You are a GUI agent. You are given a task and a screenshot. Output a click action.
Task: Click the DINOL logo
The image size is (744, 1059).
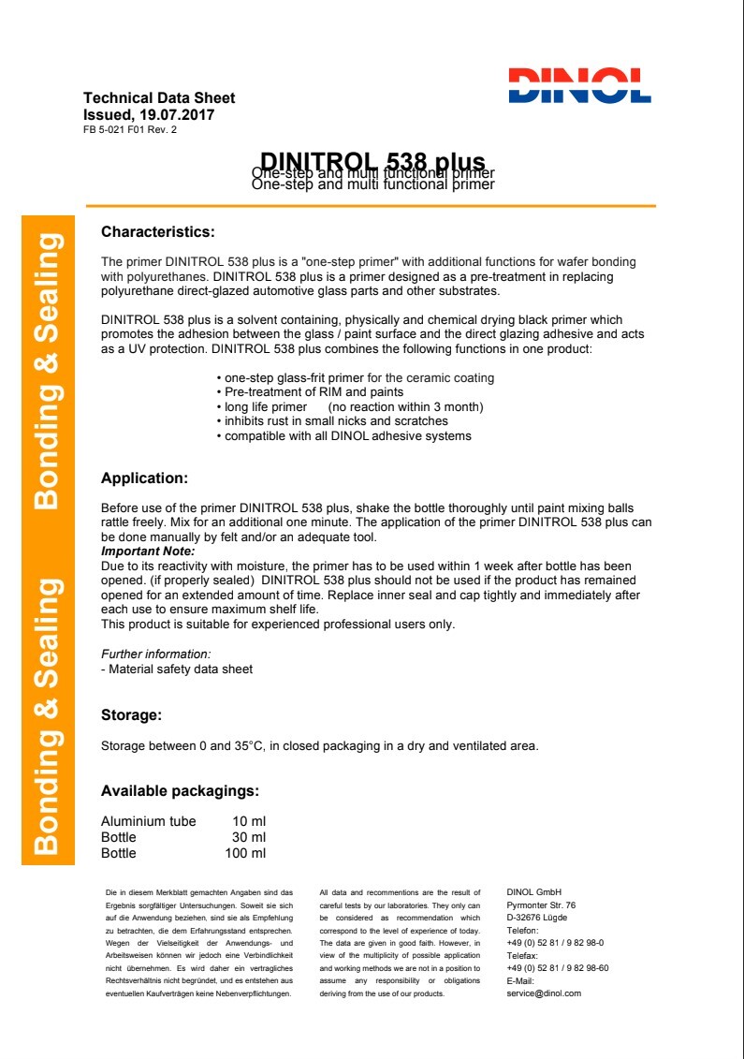pos(579,84)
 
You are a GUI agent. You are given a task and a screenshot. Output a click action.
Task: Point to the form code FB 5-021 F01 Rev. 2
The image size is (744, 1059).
pos(130,130)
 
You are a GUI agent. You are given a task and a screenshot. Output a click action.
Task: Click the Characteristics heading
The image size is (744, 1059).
pos(157,231)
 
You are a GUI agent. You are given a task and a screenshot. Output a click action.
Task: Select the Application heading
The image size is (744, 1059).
pos(144,478)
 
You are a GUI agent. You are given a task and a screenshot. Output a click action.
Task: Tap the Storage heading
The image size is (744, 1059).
pos(131,715)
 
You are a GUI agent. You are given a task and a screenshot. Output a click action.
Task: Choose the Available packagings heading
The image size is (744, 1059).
pos(180,791)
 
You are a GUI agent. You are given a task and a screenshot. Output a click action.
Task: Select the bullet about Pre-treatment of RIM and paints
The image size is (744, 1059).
pos(309,392)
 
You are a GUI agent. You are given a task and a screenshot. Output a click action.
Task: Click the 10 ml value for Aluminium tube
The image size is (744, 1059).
pos(249,821)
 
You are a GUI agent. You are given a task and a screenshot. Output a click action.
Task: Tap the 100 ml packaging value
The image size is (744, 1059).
pos(245,853)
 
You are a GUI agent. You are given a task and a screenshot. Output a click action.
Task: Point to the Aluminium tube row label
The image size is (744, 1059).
pos(148,821)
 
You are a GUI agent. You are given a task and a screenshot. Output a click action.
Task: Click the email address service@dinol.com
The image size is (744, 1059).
pos(544,993)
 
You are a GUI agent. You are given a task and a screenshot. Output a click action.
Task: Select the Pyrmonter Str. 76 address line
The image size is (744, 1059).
pos(541,905)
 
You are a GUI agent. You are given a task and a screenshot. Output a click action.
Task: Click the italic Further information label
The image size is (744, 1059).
pos(155,654)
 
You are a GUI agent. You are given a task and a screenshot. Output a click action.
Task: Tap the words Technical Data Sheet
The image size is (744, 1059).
pos(159,98)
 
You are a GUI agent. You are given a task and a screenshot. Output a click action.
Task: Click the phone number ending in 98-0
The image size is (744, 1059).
pos(555,943)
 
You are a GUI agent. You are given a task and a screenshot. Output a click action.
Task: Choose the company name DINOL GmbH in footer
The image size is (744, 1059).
pos(532,892)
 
